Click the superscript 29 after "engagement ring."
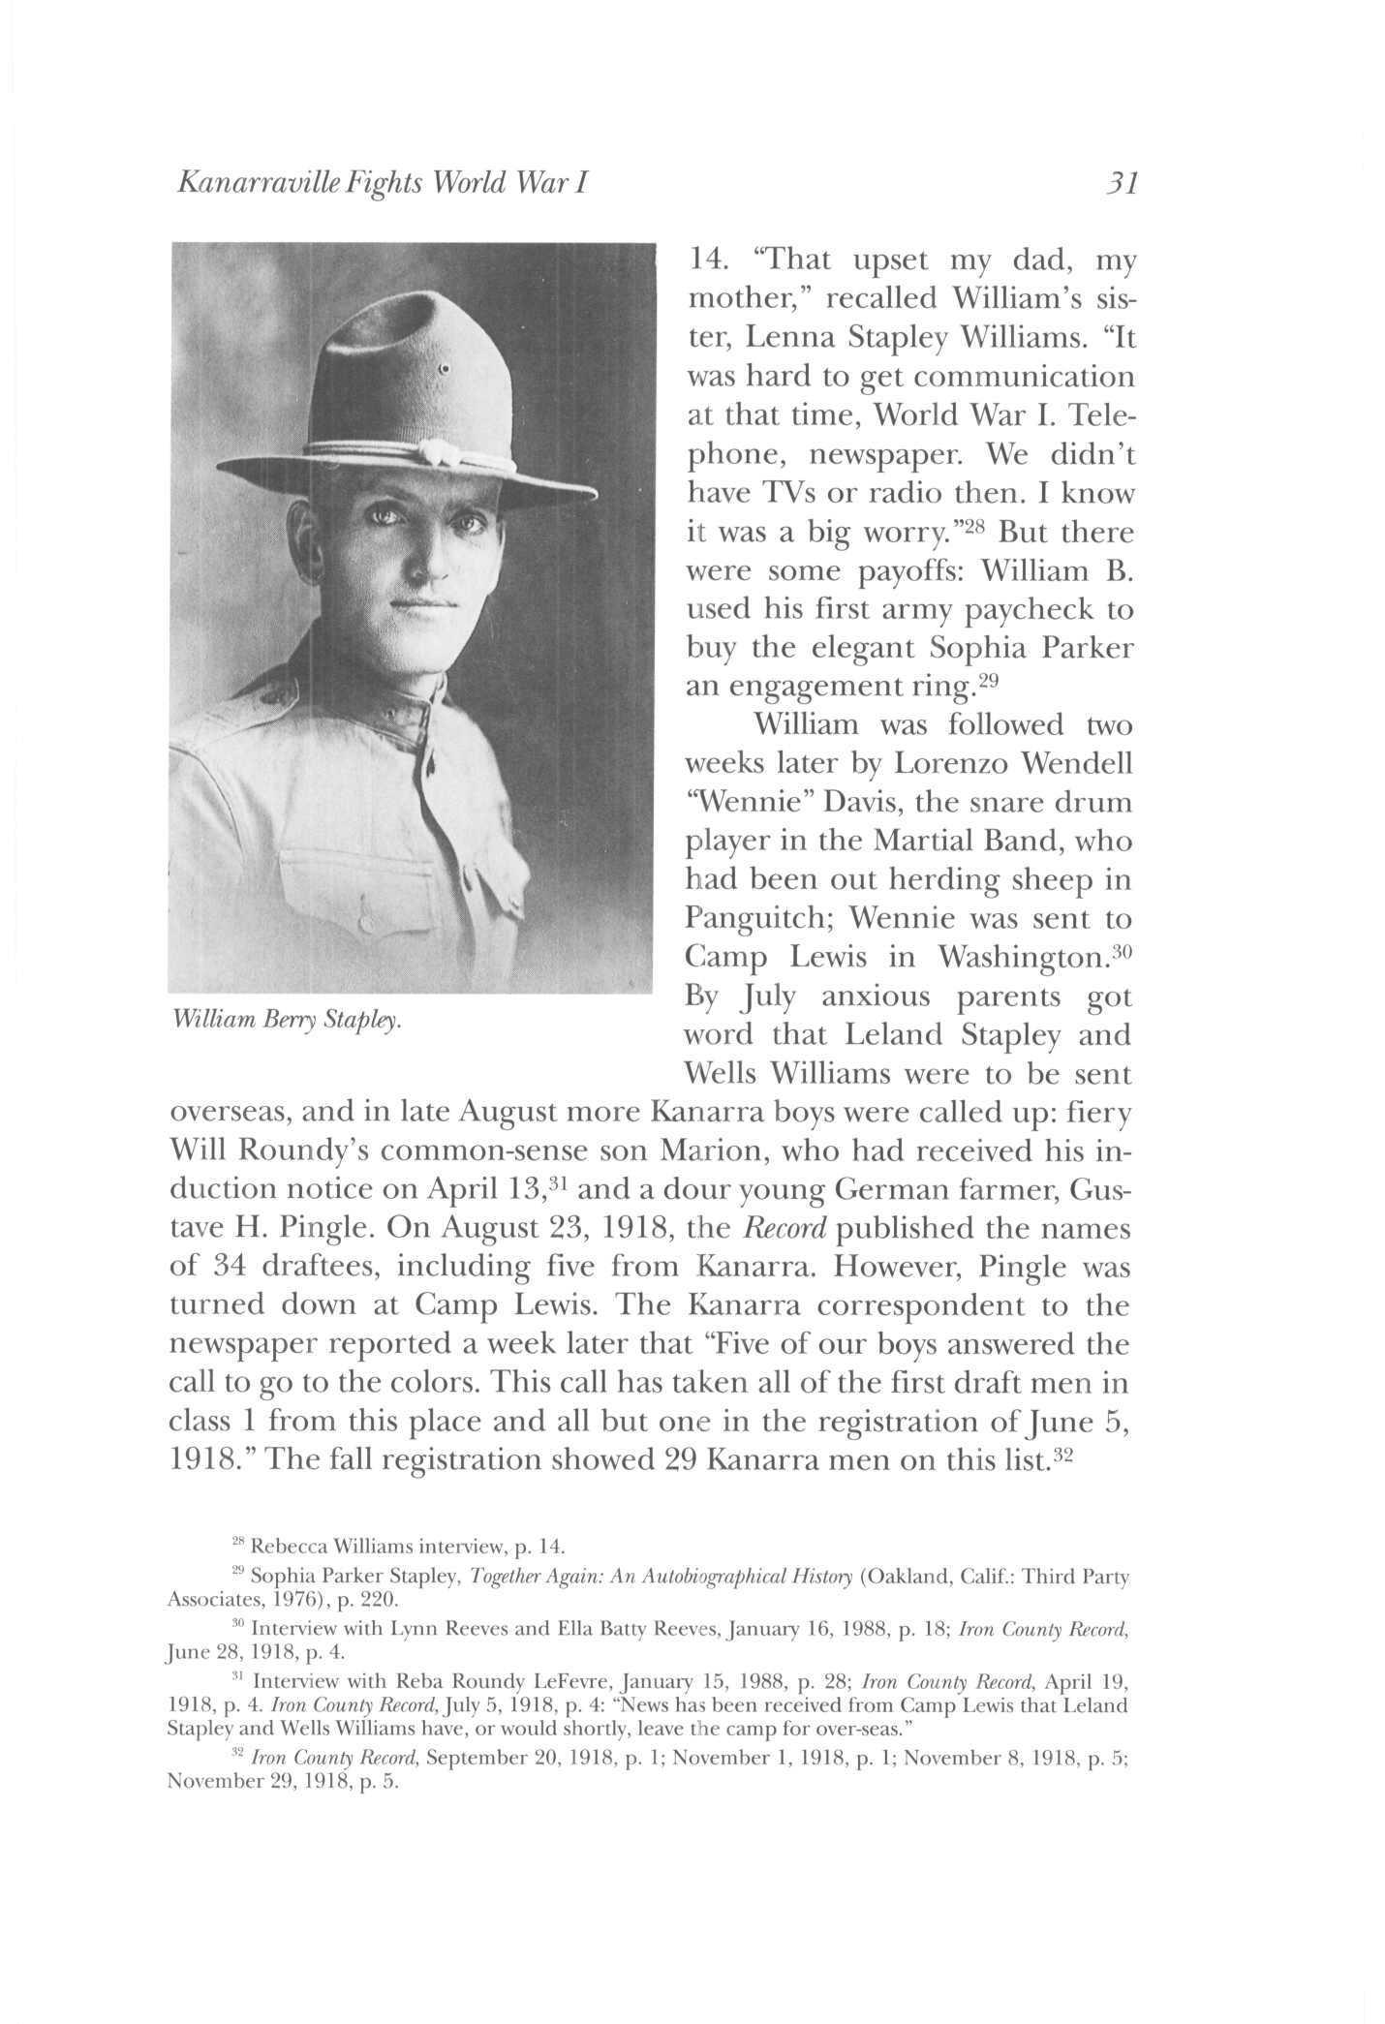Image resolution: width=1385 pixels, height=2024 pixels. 987,679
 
